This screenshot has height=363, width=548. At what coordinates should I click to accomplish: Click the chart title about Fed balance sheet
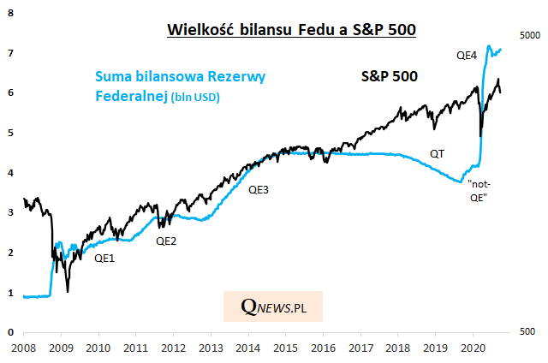click(291, 31)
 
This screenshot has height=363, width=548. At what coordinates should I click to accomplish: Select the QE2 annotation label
click(166, 241)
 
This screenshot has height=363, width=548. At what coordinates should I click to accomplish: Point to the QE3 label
click(258, 189)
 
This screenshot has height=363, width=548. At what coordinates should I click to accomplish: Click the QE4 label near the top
click(466, 56)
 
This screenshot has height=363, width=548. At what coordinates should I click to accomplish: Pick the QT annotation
click(438, 154)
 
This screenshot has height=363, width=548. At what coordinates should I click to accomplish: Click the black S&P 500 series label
click(389, 76)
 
